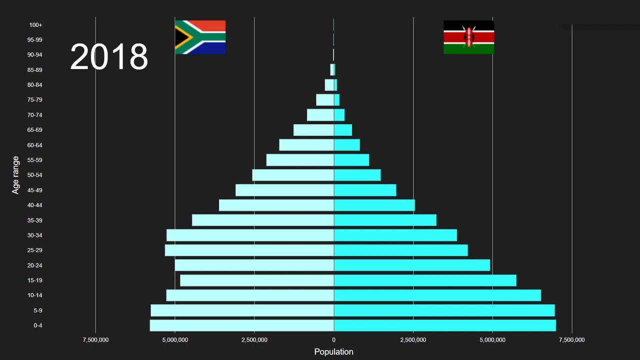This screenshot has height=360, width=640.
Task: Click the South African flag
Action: coord(200,37)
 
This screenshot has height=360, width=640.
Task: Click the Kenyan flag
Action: coord(468,37)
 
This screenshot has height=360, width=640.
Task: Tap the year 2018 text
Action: coord(109,56)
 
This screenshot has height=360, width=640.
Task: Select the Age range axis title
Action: coord(16,175)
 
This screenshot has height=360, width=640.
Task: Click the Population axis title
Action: coord(333,351)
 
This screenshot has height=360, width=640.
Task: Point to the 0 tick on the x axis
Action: coord(333,340)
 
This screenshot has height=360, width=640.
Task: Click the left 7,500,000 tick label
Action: coord(95,340)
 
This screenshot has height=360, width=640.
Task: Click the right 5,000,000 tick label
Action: coord(492,340)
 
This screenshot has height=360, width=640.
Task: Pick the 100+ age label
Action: coord(35,25)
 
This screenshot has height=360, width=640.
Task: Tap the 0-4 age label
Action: coord(38,325)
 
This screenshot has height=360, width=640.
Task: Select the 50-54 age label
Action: coord(35,175)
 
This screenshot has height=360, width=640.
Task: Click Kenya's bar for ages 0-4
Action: coord(444,325)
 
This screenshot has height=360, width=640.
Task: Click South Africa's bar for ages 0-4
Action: coord(242,325)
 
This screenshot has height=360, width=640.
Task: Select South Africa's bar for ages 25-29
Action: coord(249,250)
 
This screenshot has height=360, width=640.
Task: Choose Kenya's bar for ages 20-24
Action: coord(412,265)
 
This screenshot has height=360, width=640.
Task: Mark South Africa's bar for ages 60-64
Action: coord(306,145)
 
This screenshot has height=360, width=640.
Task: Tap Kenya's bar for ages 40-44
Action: coord(374,205)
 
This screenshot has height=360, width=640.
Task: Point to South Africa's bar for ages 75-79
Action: coord(325,100)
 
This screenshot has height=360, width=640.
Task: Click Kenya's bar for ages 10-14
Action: coord(437,295)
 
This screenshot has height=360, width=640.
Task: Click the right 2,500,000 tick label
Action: coord(413,340)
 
